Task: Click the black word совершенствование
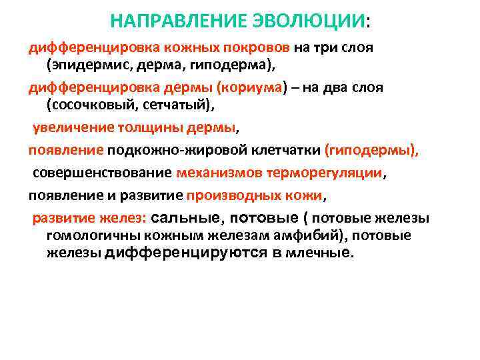pos(103,173)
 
